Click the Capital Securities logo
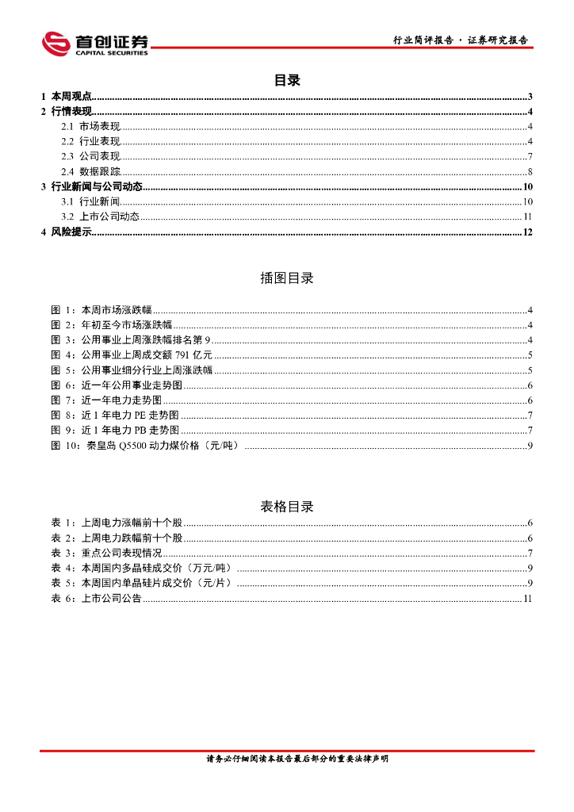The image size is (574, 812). coord(95,43)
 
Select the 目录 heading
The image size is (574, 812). coord(286,80)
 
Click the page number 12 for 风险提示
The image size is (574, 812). coord(527,232)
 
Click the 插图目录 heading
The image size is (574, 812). coord(286,278)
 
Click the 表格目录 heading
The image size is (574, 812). coord(286,507)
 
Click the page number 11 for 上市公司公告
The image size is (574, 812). coord(527,599)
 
